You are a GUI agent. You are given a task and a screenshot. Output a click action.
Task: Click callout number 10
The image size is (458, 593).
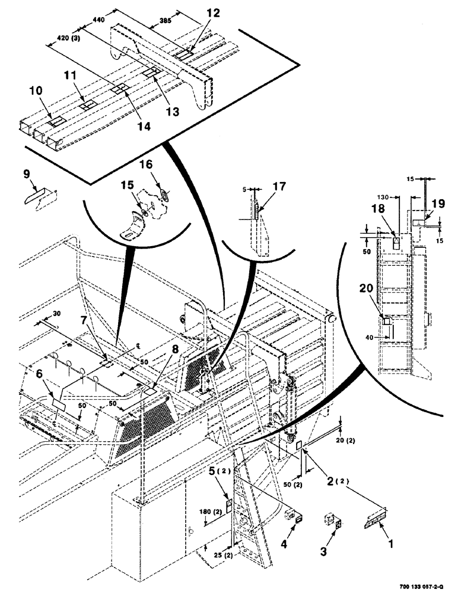(x=36, y=91)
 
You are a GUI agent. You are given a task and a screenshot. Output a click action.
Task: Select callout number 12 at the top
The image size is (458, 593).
(x=196, y=12)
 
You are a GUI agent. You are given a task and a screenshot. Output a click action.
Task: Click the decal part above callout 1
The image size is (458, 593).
(x=373, y=519)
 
